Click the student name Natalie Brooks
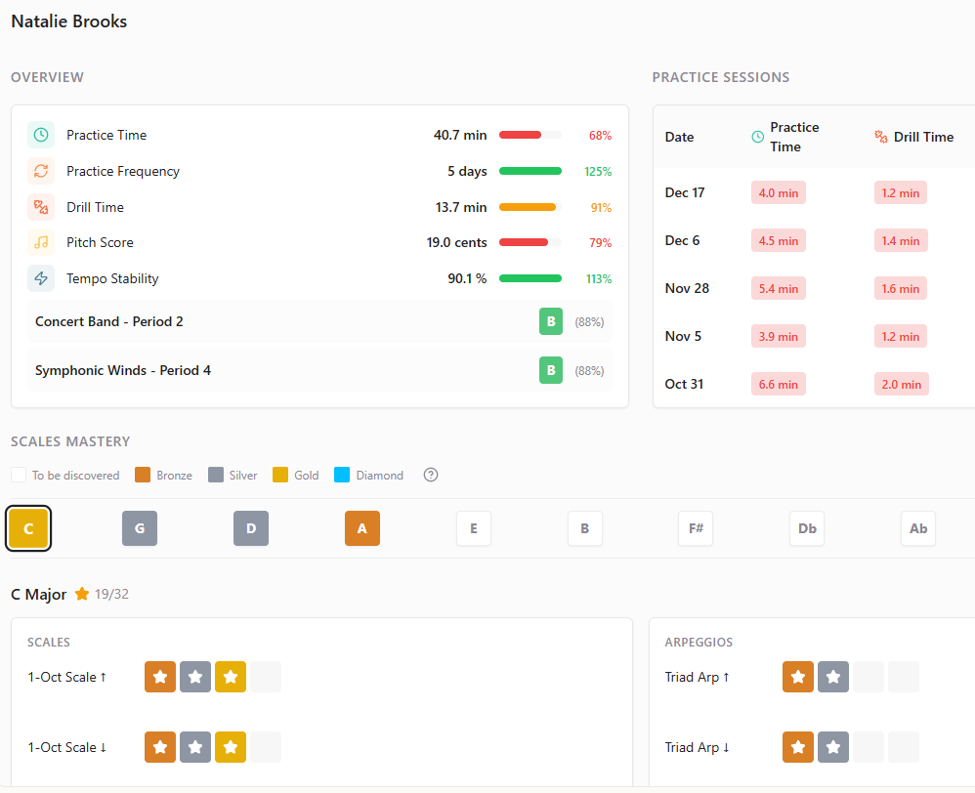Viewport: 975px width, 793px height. click(x=69, y=21)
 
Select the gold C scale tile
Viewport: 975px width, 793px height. click(x=28, y=528)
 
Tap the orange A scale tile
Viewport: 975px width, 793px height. click(x=362, y=528)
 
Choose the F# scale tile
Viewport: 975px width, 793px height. click(x=696, y=528)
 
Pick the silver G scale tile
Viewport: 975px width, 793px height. click(x=140, y=528)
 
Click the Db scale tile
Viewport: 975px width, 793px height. click(x=807, y=528)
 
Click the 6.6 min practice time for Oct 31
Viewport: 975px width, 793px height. click(x=778, y=384)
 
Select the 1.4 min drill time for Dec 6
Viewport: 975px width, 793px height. click(x=901, y=240)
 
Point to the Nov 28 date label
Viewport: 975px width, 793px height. click(x=687, y=288)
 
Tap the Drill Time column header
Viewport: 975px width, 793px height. click(x=914, y=137)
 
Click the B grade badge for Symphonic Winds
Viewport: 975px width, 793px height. click(x=551, y=370)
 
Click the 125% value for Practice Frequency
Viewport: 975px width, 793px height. click(x=598, y=171)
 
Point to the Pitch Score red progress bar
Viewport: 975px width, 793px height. click(x=525, y=242)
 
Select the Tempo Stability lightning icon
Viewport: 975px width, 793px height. click(x=41, y=278)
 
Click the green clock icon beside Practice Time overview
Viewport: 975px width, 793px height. click(x=41, y=135)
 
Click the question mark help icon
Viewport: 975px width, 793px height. click(x=431, y=476)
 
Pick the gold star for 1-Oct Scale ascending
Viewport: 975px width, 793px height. click(x=231, y=677)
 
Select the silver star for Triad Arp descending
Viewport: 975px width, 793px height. click(x=833, y=747)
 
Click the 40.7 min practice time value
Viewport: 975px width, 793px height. click(x=460, y=135)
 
